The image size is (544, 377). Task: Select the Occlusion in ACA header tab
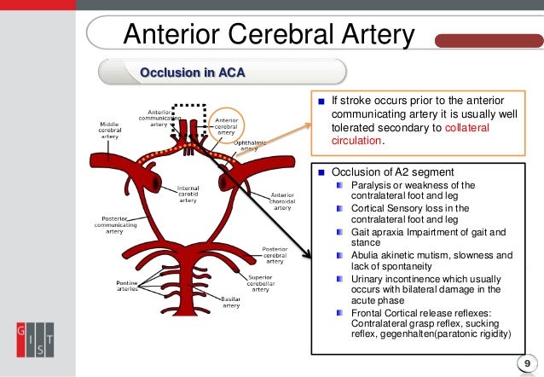pyautogui.click(x=192, y=72)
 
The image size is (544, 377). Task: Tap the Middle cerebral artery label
pyautogui.click(x=110, y=129)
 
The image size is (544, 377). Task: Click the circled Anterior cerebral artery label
pyautogui.click(x=226, y=126)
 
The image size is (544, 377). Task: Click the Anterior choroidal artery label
pyautogui.click(x=282, y=200)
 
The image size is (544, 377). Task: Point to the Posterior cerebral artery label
pyautogui.click(x=279, y=256)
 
